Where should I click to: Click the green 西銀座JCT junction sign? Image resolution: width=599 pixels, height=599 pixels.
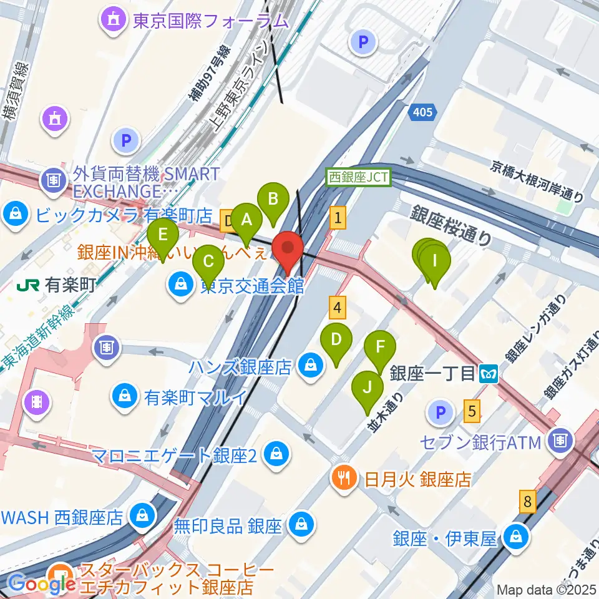(x=359, y=177)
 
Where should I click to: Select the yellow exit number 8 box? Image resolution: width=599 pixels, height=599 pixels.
(x=528, y=501)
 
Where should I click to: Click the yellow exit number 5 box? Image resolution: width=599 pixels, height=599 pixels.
(x=472, y=411)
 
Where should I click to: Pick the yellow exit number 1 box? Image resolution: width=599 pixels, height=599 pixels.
(x=338, y=218)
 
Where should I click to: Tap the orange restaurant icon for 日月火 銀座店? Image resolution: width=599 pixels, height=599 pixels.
(x=344, y=479)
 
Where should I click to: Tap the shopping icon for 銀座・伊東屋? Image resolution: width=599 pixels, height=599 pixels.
(x=517, y=536)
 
